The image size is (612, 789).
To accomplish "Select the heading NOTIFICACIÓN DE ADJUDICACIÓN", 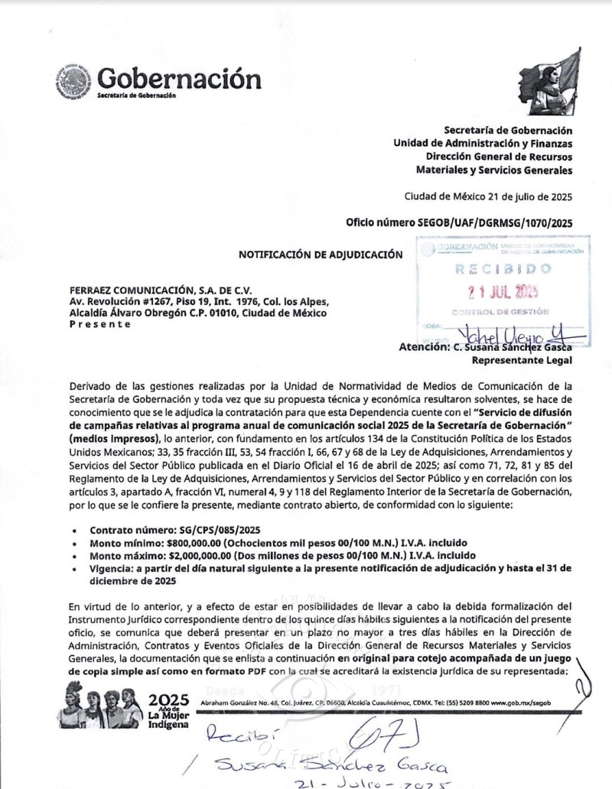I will coord(320,255).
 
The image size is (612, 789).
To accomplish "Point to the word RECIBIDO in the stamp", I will coord(503,270).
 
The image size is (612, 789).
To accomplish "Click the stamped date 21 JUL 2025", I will coord(503,291).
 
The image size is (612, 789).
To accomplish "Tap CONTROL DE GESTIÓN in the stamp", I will coord(500,312).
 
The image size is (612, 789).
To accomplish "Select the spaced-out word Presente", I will coord(100,323).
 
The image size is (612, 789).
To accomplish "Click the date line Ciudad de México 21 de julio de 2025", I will coord(488,196).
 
